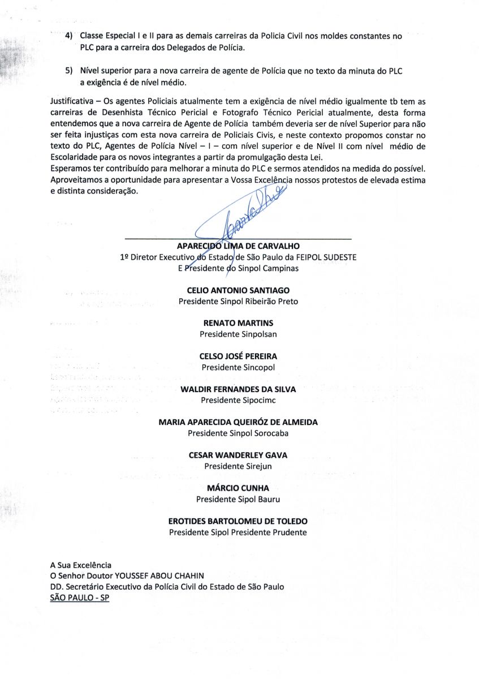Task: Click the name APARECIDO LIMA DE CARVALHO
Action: pos(238,246)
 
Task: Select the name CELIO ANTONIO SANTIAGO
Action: pos(238,290)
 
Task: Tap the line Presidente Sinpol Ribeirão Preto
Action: pos(238,302)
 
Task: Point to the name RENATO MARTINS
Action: pos(238,323)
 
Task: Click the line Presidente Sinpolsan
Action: pos(238,334)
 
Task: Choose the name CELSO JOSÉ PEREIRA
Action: pos(238,356)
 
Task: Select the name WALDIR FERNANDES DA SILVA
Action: pos(238,389)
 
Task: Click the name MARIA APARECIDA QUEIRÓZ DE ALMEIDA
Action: pos(238,422)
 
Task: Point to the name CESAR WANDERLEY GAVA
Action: pos(238,455)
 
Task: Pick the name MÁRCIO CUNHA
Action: pos(238,488)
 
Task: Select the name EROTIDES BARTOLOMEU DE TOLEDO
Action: pos(238,521)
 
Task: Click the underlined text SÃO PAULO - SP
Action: pos(80,598)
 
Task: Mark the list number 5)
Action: pos(70,71)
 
